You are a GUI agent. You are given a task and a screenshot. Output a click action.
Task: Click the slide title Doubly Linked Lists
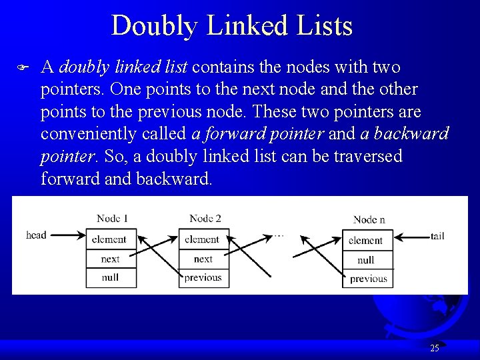coord(231,26)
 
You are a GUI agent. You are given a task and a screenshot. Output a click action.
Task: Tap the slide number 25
coord(435,348)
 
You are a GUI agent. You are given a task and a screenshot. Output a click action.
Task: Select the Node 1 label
coord(112,218)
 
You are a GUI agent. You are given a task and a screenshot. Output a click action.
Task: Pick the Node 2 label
coord(205,218)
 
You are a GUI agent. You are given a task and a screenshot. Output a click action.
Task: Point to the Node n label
coord(369,219)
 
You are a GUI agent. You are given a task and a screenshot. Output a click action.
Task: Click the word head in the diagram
coord(36,235)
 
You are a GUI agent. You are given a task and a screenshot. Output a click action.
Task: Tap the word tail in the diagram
coord(437,236)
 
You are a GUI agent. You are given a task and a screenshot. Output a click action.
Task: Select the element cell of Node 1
coord(111,239)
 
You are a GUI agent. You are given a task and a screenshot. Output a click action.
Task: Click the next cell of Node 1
coord(111,259)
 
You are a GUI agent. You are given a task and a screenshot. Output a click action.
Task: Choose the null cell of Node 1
coord(111,277)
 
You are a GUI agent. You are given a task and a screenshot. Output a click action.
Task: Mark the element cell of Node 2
coord(203,239)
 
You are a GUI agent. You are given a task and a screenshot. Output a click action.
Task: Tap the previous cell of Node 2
coord(203,277)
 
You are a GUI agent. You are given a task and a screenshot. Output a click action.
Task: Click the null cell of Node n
coord(367,260)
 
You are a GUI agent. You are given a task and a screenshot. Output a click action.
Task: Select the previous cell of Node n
coord(368,279)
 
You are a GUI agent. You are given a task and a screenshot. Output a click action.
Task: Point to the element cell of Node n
coord(367,241)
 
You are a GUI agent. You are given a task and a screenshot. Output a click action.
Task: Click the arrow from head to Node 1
coord(67,235)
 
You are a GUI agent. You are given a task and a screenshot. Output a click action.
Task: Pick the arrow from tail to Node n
coord(411,237)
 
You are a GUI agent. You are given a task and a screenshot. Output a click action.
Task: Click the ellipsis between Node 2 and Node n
coord(279,235)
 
